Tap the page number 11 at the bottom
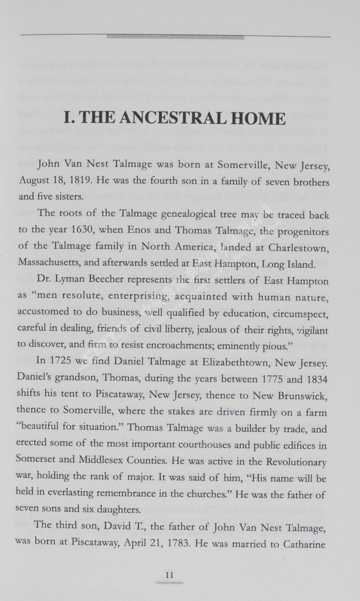[169, 575]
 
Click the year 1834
[318, 380]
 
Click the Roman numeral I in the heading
[68, 119]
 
